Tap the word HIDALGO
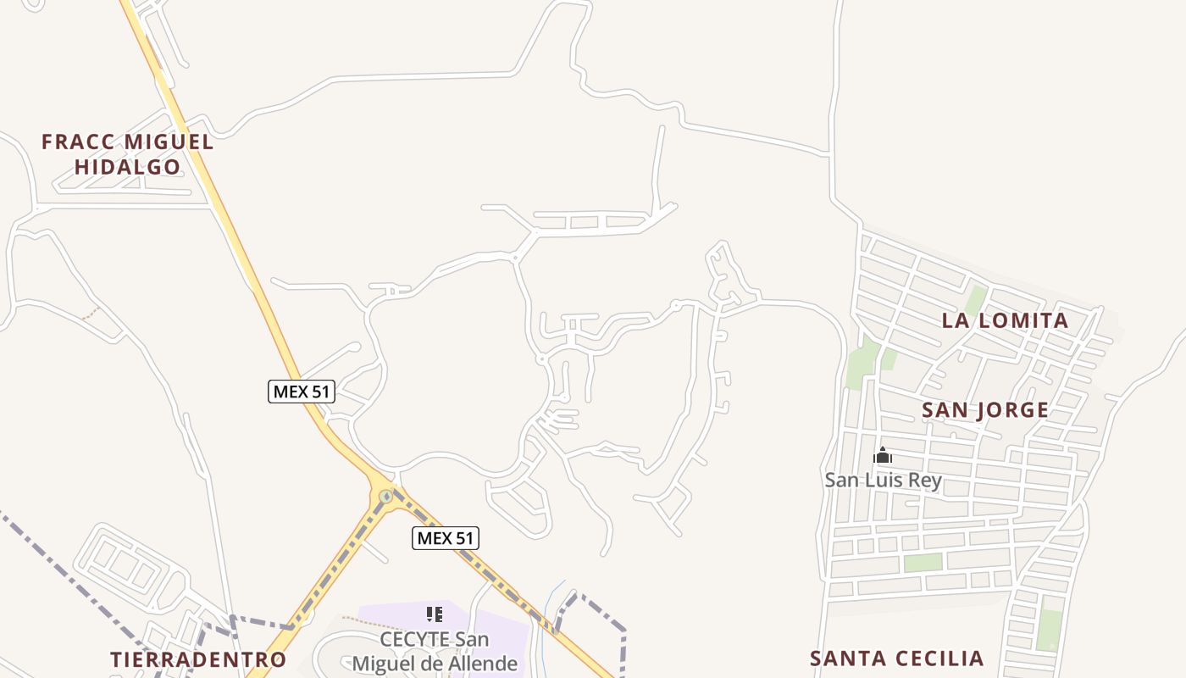128,167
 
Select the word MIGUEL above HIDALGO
169,142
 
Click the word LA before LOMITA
954,320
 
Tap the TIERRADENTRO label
198,659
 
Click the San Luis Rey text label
883,480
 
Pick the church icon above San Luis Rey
883,456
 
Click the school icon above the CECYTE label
435,614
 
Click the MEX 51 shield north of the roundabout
302,392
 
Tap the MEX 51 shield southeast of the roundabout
446,537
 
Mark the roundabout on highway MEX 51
386,496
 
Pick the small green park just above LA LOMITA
975,298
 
